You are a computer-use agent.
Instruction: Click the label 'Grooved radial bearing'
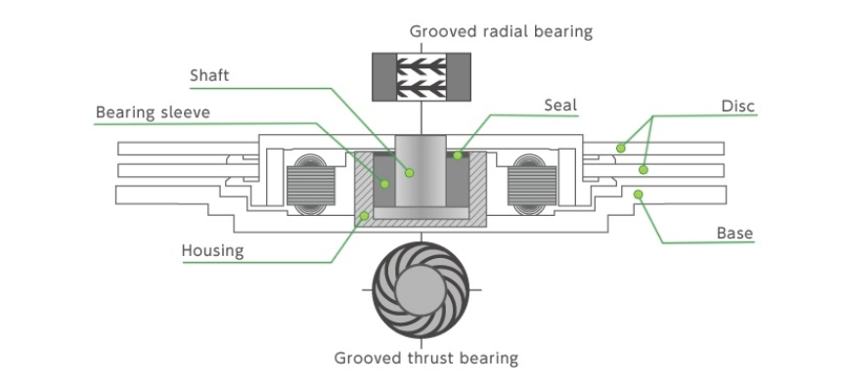pos(501,31)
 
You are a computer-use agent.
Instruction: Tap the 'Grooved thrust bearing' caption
pos(426,359)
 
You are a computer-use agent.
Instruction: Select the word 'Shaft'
pos(209,76)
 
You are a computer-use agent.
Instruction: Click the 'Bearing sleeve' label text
pos(153,113)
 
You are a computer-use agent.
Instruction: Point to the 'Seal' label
pos(560,105)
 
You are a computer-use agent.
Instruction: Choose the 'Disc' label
pos(738,106)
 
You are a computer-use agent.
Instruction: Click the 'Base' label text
pos(734,234)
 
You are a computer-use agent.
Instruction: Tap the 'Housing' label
pos(212,251)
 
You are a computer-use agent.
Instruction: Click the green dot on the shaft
pos(410,173)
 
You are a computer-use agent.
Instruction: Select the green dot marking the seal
pos(458,155)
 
